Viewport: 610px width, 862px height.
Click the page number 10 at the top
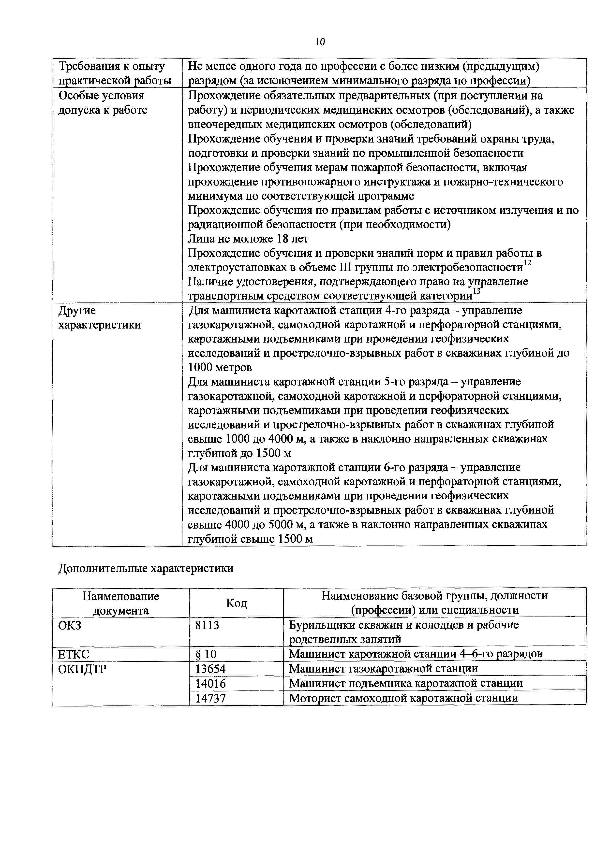[x=320, y=42]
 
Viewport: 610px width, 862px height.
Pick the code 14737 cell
[x=210, y=698]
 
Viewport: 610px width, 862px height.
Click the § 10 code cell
[x=206, y=654]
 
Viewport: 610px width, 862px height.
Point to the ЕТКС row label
[x=74, y=654]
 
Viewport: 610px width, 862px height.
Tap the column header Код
[x=236, y=603]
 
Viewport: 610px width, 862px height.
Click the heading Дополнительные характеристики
[x=146, y=568]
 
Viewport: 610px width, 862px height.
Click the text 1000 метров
[x=220, y=367]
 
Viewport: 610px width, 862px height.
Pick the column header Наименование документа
[x=120, y=603]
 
